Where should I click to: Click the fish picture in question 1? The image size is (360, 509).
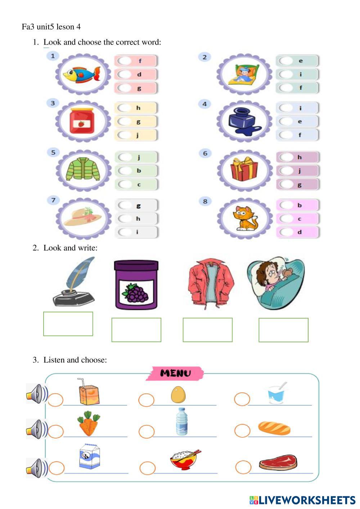click(x=82, y=75)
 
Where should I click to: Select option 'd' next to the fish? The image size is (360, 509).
click(x=125, y=75)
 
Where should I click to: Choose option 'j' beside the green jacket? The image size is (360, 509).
click(x=125, y=157)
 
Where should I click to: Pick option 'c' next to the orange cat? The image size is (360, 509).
click(x=286, y=219)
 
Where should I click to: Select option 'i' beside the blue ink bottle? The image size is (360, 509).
click(x=286, y=108)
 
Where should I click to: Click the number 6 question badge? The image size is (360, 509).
click(x=205, y=153)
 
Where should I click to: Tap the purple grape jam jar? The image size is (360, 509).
click(x=136, y=285)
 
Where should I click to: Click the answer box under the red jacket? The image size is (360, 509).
click(x=207, y=330)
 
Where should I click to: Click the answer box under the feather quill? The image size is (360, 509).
click(x=68, y=324)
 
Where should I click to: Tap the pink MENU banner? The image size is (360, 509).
click(x=175, y=373)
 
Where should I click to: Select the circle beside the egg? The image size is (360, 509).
click(x=146, y=400)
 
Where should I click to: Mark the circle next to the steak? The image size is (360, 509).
click(x=243, y=467)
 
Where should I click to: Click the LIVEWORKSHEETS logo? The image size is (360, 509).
click(x=302, y=500)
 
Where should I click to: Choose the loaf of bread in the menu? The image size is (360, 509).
click(x=274, y=428)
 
